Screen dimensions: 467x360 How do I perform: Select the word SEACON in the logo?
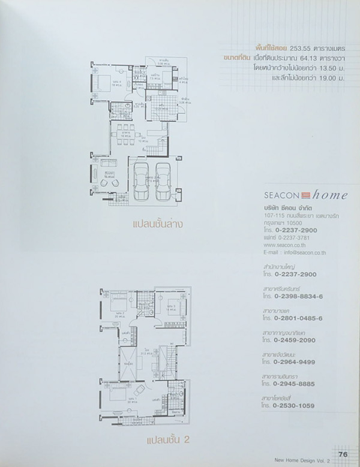[x=283, y=195]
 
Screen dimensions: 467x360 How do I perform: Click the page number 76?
[x=343, y=454]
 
